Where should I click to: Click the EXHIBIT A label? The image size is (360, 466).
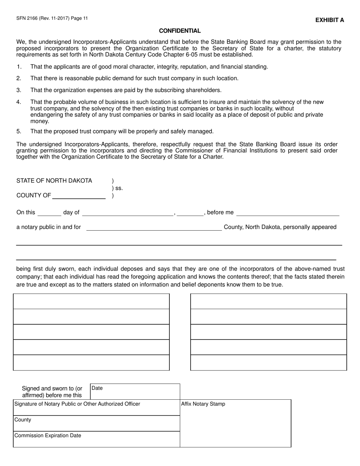coord(330,20)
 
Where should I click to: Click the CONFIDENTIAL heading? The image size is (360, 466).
coord(180,31)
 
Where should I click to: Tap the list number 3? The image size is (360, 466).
coord(19,90)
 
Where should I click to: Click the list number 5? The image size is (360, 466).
coord(19,131)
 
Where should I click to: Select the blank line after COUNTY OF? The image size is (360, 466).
coord(79,195)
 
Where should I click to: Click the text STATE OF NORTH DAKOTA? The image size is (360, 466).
coord(54,181)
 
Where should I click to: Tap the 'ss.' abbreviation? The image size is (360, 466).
coord(119,188)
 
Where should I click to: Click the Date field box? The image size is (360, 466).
coord(135,391)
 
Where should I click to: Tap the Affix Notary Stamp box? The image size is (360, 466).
coord(235,423)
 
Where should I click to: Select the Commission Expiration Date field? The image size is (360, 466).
coord(97,439)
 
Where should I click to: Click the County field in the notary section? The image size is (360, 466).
coord(97,423)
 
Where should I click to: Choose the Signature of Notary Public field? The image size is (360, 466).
coord(97,407)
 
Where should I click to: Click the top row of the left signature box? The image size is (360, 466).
coord(91,301)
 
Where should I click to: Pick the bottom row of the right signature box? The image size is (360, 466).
coord(268,363)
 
